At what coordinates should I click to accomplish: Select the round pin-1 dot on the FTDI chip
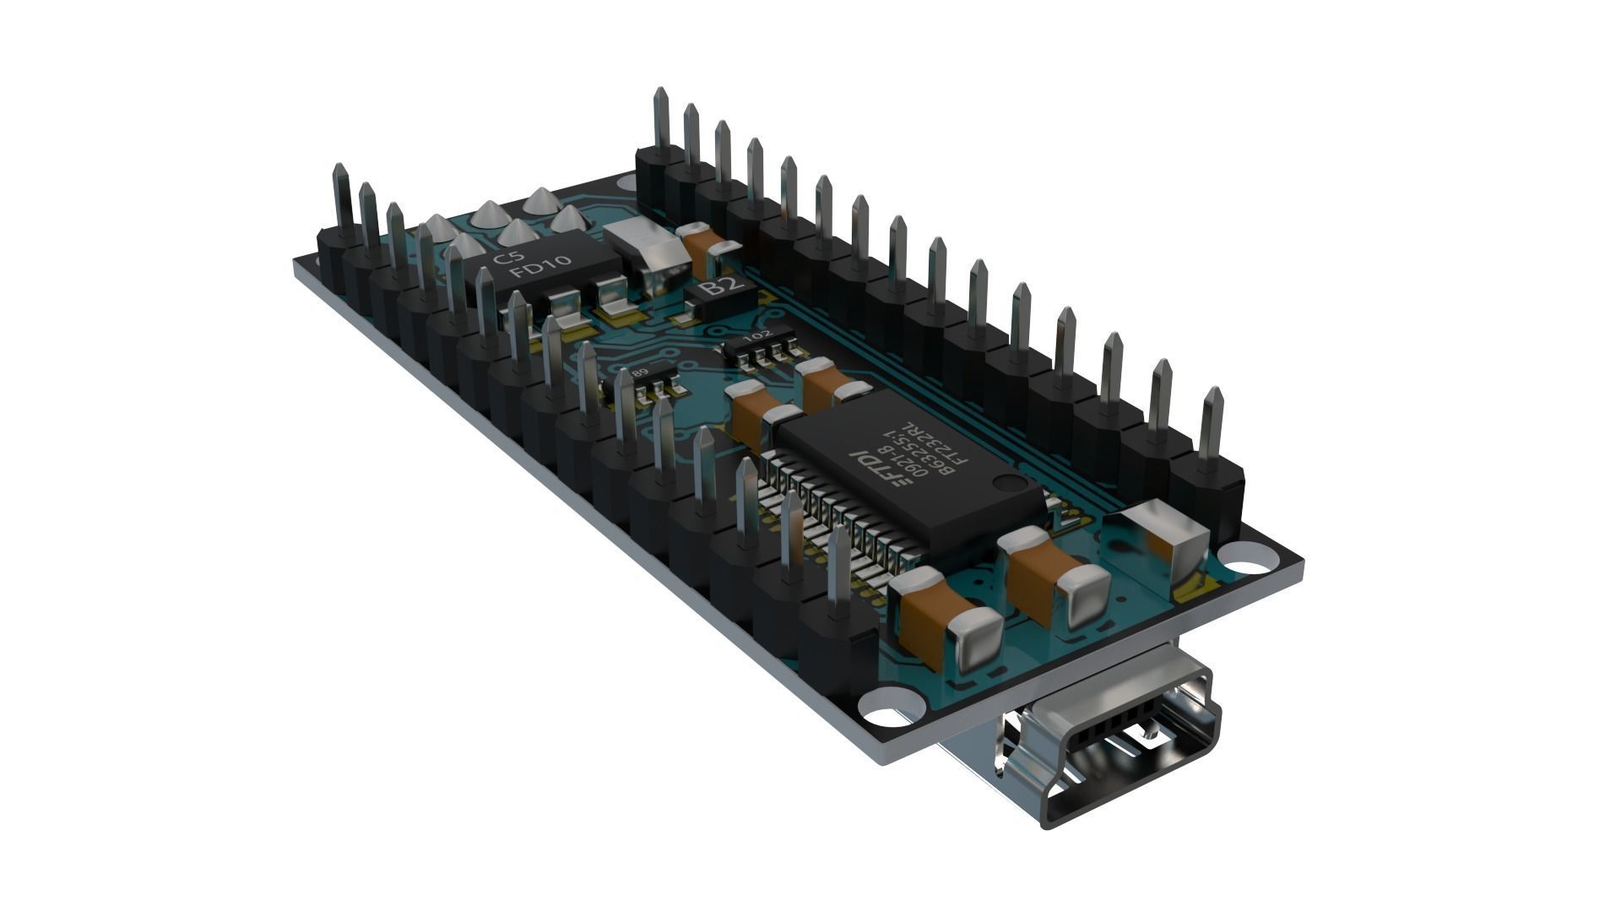click(1006, 483)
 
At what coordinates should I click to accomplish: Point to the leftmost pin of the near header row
click(341, 198)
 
